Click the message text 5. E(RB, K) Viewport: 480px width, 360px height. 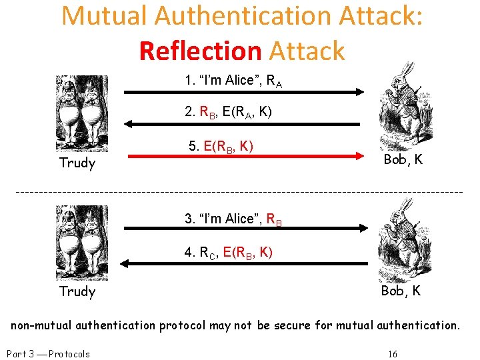(x=220, y=145)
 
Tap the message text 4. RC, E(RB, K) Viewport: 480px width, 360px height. (x=228, y=252)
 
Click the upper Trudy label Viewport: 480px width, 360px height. (x=77, y=163)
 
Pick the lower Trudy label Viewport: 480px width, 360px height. (x=77, y=291)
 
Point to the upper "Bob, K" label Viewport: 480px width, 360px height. (x=403, y=160)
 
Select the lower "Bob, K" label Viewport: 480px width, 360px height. (x=401, y=291)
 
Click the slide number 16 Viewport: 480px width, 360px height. (x=393, y=353)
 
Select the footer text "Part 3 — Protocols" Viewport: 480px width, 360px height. (x=47, y=353)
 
